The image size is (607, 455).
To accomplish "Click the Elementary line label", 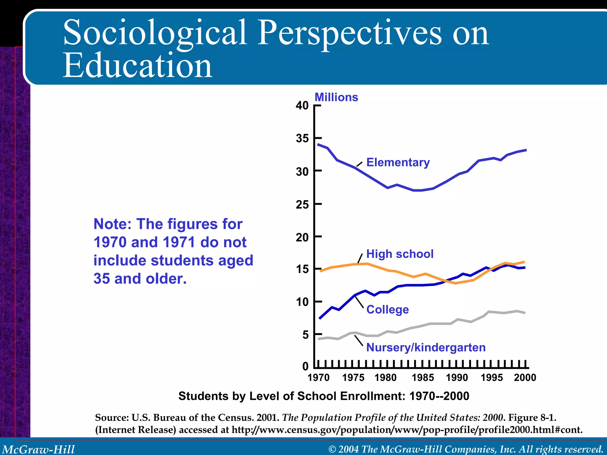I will click(398, 162).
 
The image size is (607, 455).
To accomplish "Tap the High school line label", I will click(400, 254).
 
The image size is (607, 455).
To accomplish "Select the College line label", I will click(387, 310).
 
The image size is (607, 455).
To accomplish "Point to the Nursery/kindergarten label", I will click(426, 347).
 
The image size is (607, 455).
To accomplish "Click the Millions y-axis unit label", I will click(336, 97).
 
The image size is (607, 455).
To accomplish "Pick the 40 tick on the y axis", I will click(302, 105).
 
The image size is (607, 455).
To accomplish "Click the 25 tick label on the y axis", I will click(302, 204).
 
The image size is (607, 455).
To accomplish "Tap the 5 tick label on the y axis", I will click(306, 335).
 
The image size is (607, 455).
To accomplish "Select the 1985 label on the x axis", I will click(423, 378).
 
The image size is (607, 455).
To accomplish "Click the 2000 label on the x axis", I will click(525, 378).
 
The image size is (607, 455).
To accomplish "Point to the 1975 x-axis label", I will click(353, 378).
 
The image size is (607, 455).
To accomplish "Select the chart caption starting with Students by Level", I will click(324, 396).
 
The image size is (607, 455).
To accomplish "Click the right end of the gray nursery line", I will click(525, 313).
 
